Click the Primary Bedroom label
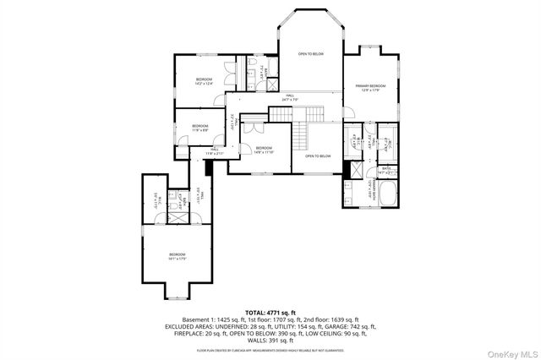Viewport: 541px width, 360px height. coord(370,87)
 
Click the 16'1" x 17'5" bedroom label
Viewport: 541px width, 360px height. coord(176,257)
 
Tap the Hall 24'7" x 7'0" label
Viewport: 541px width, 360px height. coord(289,98)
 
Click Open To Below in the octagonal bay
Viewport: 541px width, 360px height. coord(311,54)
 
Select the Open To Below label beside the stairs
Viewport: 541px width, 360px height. coord(317,156)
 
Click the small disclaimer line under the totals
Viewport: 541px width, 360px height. coord(270,349)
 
